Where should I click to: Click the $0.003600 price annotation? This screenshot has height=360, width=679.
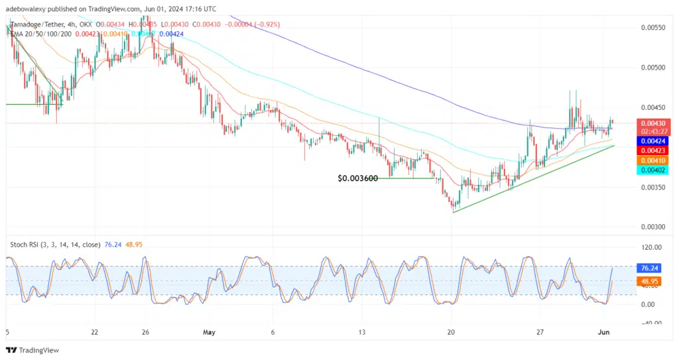[357, 178]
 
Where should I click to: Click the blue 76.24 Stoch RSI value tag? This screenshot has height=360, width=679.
[648, 269]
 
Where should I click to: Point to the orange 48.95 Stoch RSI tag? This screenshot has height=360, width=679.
[648, 281]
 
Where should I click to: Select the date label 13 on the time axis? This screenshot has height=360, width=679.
[361, 332]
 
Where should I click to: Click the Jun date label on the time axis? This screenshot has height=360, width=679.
[613, 332]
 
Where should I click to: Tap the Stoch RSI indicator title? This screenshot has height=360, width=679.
[55, 245]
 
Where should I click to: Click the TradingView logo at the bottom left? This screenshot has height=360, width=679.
[33, 350]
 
